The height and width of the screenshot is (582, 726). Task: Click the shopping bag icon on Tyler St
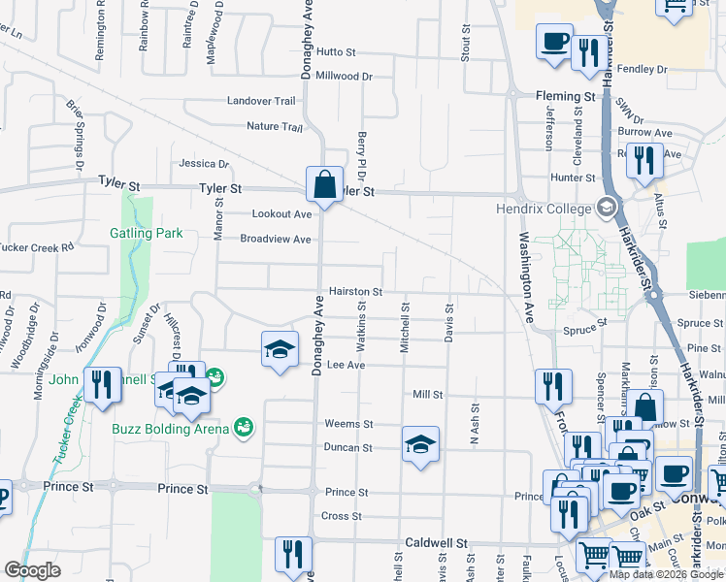(324, 183)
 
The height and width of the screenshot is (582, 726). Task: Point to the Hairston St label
(355, 291)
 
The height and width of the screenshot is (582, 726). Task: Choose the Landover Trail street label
(261, 101)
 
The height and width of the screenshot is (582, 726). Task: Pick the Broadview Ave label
(275, 239)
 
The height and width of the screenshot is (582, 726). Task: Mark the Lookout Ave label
(281, 214)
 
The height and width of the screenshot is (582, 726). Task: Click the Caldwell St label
(437, 544)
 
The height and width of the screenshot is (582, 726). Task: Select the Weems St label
(348, 424)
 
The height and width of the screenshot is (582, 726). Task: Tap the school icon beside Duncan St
(420, 445)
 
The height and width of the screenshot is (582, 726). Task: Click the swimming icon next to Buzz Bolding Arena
(244, 427)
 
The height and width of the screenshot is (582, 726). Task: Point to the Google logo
(32, 570)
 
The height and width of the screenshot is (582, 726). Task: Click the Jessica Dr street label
(203, 164)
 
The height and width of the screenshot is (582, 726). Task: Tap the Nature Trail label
(275, 126)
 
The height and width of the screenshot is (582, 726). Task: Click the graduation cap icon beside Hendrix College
(607, 207)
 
